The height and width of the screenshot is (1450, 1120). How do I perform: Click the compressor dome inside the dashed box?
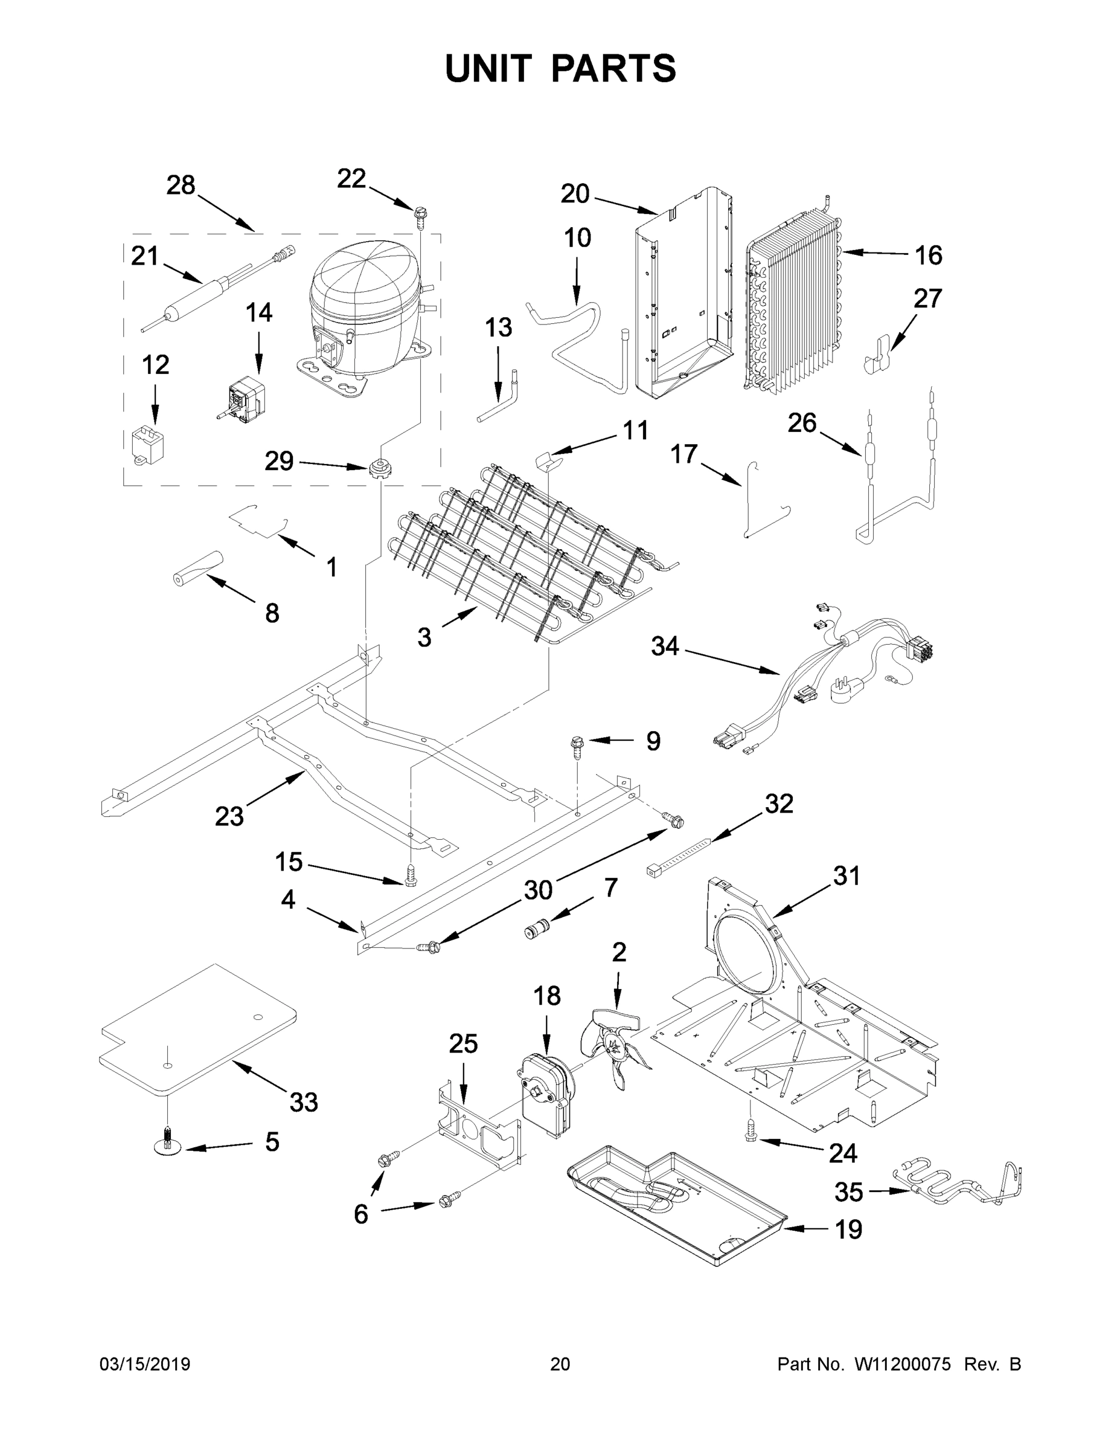(x=362, y=292)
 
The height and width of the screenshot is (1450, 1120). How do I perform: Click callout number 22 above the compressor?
(x=351, y=179)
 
